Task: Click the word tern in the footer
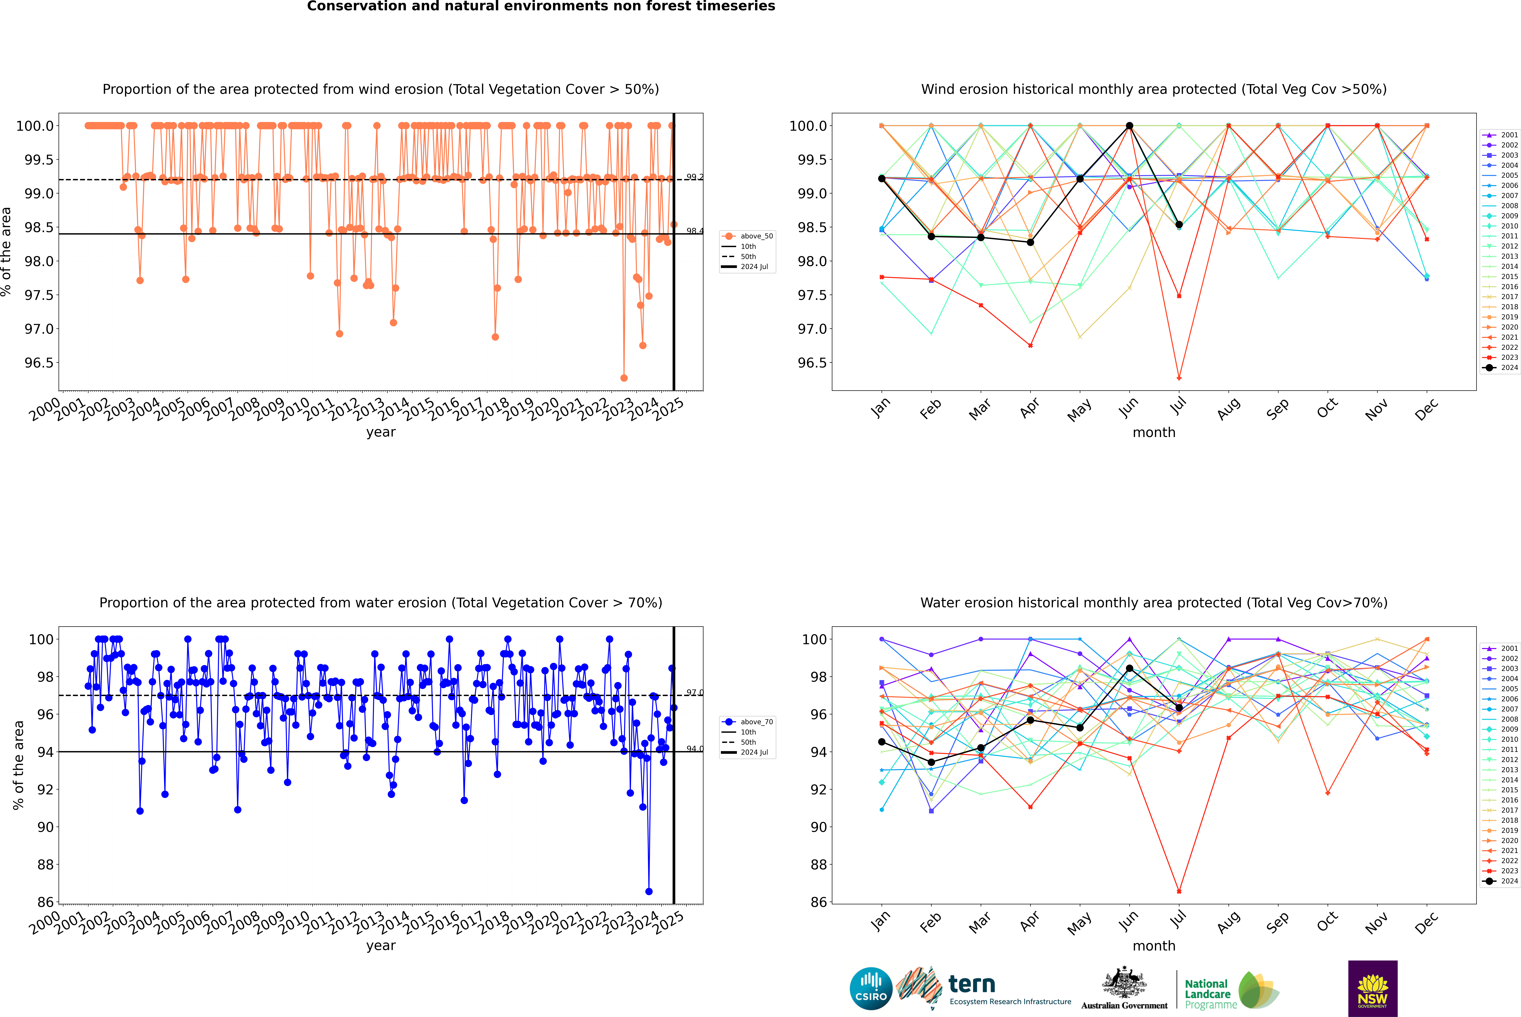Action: (971, 984)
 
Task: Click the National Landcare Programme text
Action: (1207, 994)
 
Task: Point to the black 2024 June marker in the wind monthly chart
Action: (1129, 126)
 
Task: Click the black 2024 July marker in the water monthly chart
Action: (1179, 708)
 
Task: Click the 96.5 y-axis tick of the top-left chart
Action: (39, 363)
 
